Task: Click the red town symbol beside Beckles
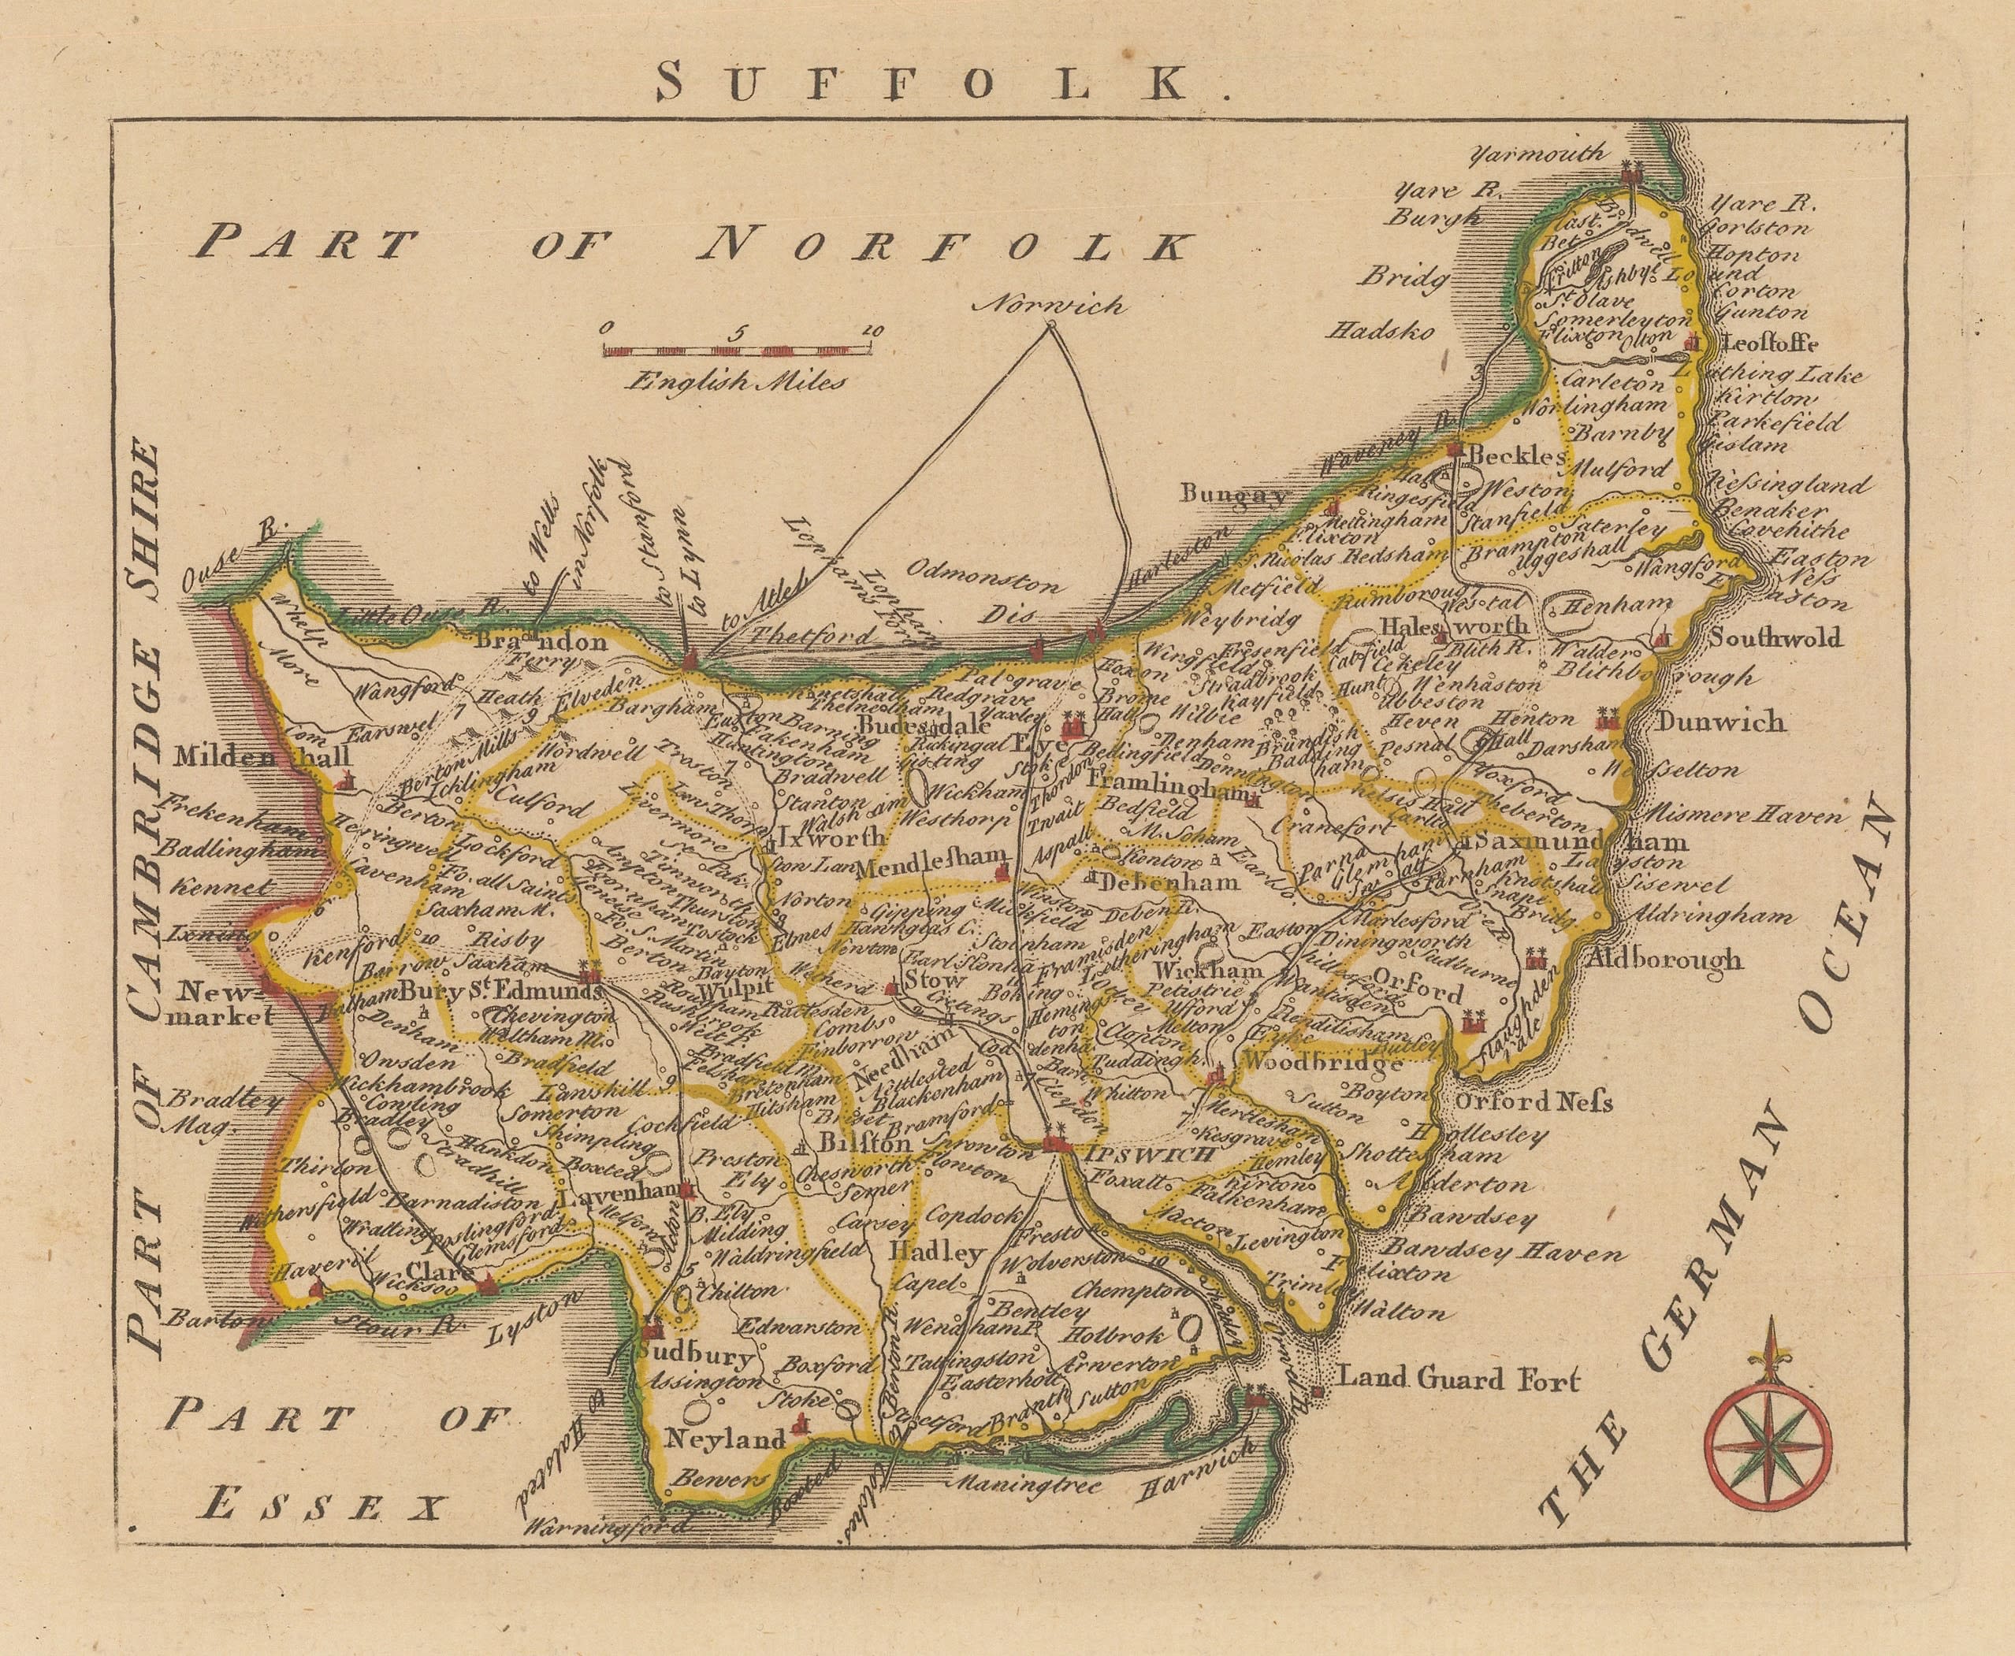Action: pyautogui.click(x=1454, y=449)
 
